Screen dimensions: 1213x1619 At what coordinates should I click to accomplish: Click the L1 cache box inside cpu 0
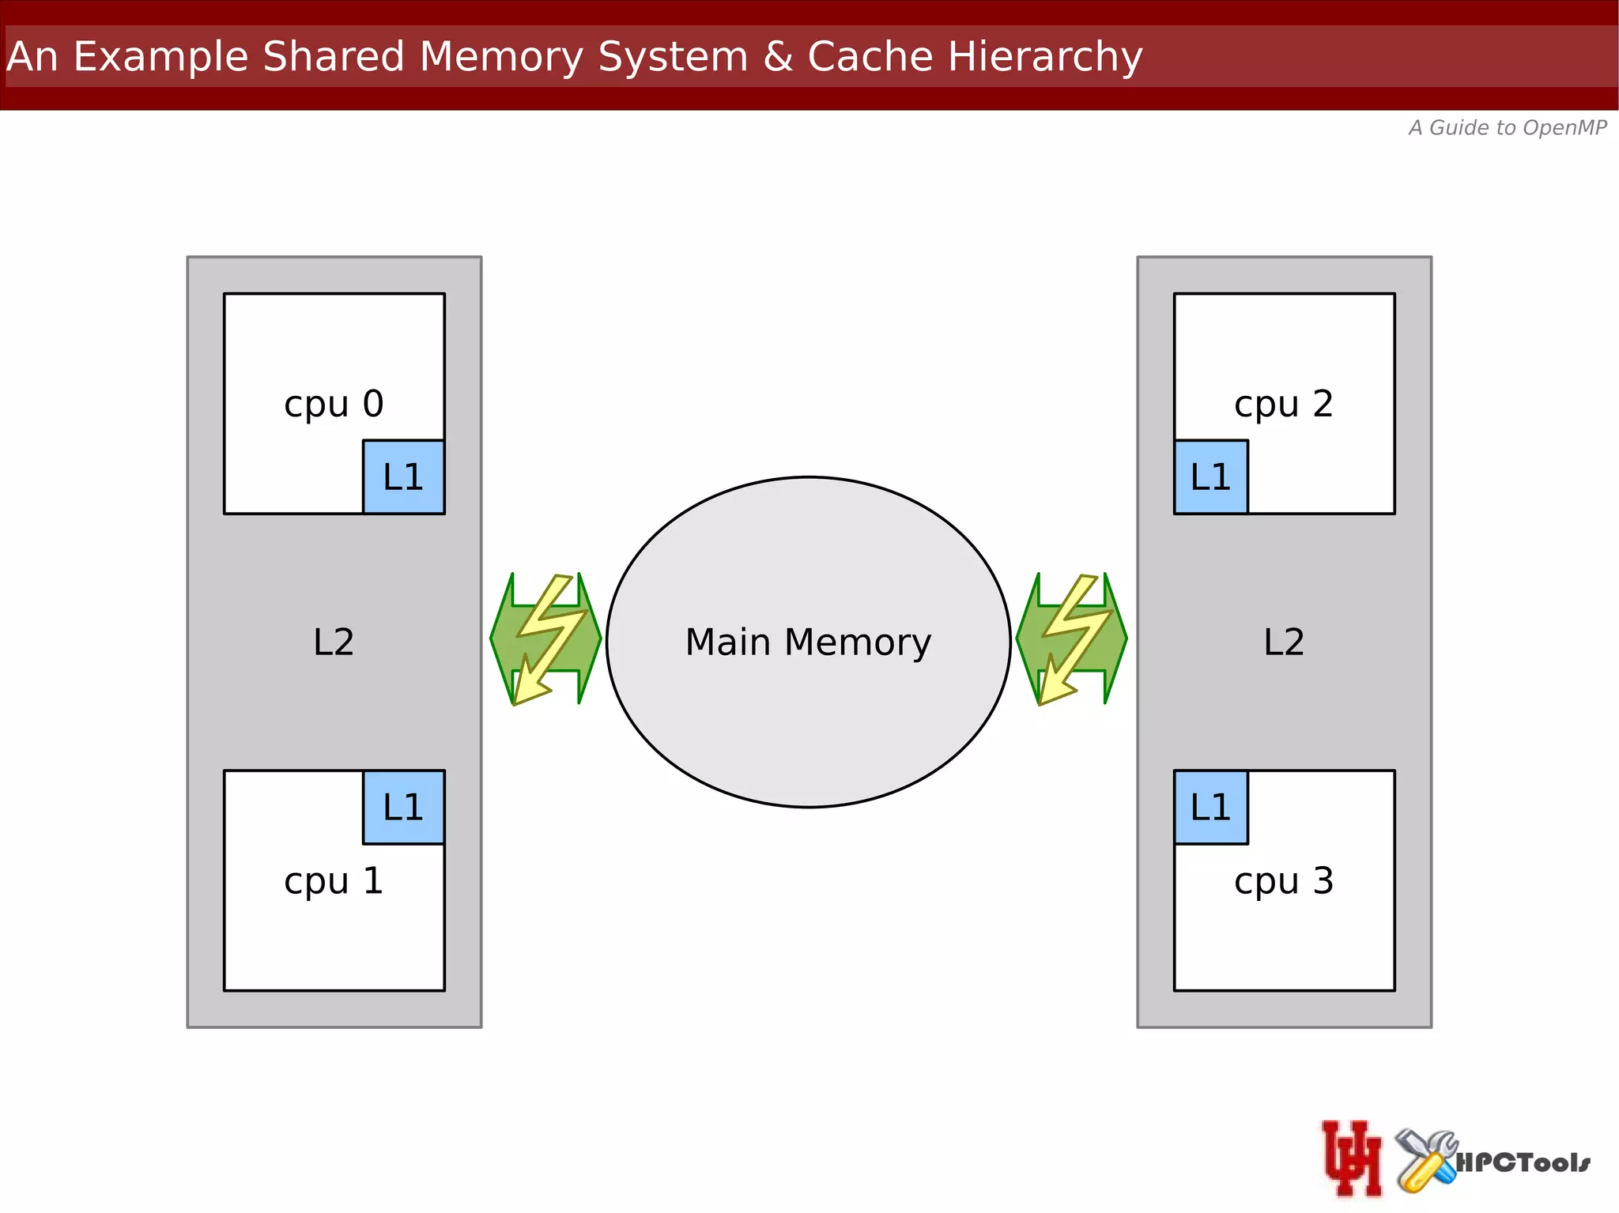(403, 477)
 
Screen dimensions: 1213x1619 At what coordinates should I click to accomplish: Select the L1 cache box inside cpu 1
(403, 807)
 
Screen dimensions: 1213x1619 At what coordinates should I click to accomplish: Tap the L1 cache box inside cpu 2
(1210, 477)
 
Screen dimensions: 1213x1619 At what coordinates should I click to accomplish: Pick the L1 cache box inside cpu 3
(1210, 807)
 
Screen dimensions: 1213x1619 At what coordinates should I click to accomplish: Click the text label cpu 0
(334, 405)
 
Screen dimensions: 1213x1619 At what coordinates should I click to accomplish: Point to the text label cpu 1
(334, 881)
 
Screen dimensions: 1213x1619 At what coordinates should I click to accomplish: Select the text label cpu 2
(1283, 405)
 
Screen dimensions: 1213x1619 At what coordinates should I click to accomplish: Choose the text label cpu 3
(1283, 881)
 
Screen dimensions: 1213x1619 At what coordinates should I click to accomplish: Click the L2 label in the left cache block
(334, 642)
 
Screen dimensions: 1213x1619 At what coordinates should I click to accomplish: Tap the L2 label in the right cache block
(1283, 642)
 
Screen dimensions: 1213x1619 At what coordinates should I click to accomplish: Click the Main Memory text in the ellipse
(808, 642)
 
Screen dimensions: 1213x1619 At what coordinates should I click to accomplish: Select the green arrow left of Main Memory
(545, 639)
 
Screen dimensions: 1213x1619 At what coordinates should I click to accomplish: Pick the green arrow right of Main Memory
(1071, 639)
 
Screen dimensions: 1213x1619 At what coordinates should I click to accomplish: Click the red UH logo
(1352, 1158)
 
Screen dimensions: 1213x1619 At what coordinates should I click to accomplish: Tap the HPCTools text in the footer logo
(1523, 1162)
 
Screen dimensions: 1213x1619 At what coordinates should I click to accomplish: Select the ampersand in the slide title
(778, 57)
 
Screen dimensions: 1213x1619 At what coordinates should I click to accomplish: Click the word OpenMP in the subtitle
(1564, 128)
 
